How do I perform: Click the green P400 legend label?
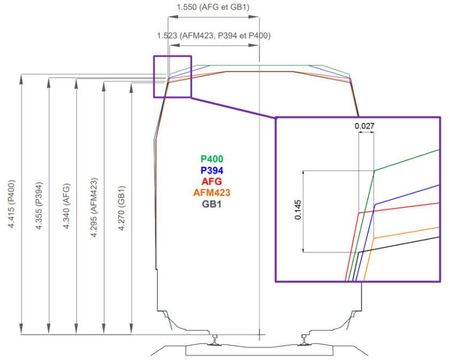212,159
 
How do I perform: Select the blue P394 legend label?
212,171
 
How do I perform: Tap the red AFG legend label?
211,182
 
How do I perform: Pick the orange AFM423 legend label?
212,193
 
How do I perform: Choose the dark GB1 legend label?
211,204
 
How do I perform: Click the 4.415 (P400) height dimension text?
11,204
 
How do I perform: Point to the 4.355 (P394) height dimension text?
39,205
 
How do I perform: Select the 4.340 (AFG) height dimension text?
66,206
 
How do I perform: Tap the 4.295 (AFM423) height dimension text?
94,208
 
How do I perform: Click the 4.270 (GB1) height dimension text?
121,208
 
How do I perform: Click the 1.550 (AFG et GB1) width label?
213,7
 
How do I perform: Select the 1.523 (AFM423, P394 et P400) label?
213,36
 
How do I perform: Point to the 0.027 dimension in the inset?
364,126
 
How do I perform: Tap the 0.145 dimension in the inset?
298,210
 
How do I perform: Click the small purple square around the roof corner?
154,76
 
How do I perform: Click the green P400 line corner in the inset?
374,171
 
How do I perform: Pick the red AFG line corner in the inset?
359,213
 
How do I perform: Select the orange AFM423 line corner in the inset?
373,238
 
